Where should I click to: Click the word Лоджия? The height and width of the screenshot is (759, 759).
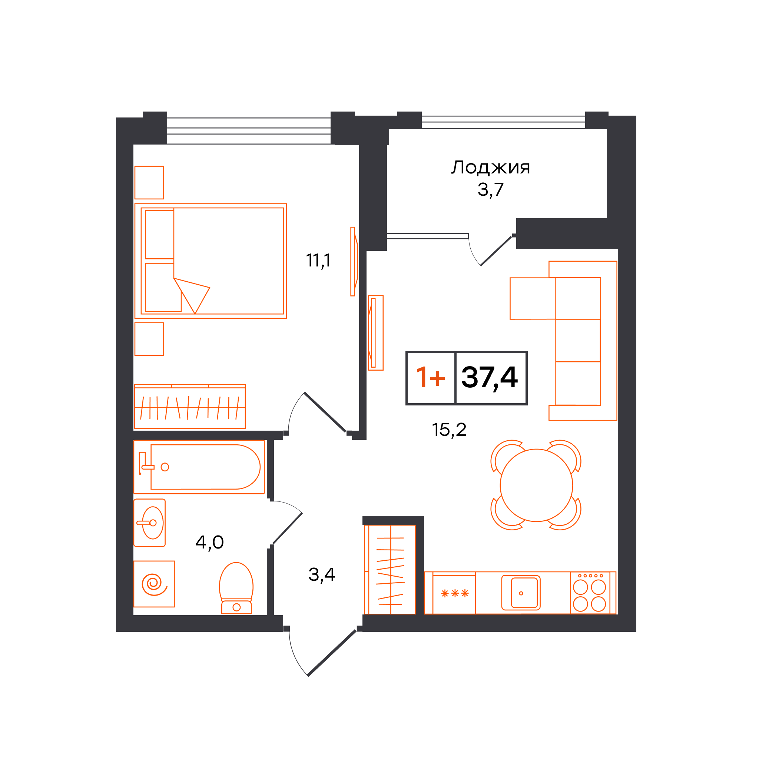click(x=490, y=168)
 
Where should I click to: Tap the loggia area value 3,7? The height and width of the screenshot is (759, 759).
click(x=490, y=190)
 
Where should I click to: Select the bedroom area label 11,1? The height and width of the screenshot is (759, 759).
click(x=318, y=261)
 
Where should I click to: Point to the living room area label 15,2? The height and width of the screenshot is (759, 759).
click(x=449, y=430)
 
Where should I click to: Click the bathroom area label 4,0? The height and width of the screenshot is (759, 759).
click(x=209, y=543)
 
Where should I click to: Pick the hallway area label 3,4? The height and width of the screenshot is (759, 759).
click(x=321, y=575)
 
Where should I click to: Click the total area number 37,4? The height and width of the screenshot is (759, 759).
click(x=489, y=378)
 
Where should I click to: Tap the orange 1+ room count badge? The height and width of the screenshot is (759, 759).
click(x=431, y=378)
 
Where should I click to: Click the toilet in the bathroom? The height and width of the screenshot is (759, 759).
click(x=236, y=588)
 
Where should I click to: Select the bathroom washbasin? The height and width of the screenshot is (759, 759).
click(x=150, y=523)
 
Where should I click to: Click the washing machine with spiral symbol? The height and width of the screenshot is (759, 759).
click(x=154, y=584)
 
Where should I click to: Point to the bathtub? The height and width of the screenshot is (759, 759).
click(x=199, y=467)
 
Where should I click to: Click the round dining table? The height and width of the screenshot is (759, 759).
click(x=536, y=485)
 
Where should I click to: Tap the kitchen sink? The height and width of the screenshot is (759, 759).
click(x=521, y=593)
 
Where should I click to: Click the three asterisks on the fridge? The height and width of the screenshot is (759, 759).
click(x=455, y=593)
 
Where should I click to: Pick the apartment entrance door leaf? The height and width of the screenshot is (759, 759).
click(x=332, y=653)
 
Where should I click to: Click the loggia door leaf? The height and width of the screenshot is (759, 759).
click(x=496, y=251)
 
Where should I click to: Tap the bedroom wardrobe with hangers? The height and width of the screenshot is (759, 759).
click(x=190, y=407)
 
